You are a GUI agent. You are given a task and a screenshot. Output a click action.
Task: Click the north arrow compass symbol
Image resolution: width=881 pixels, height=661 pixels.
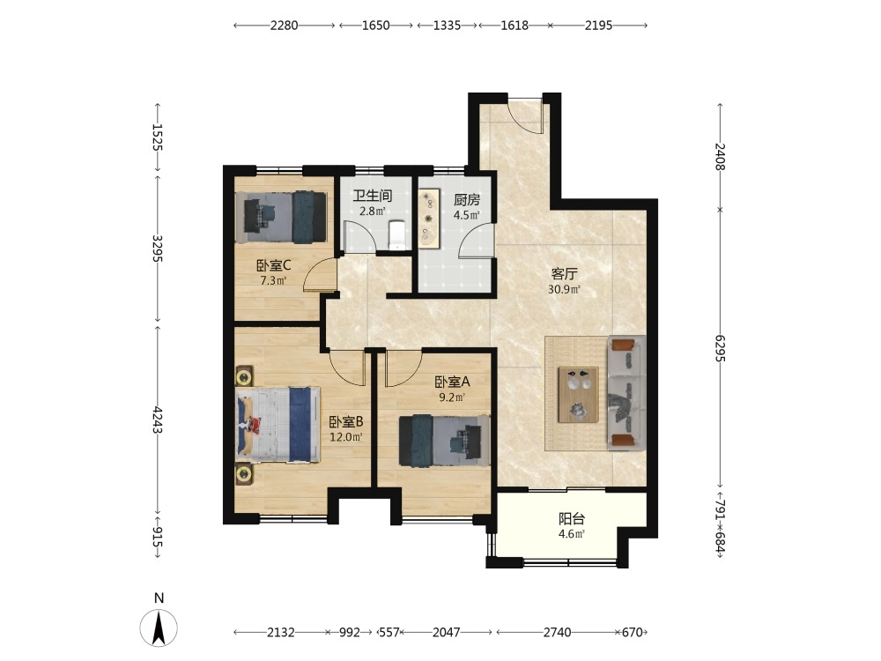coord(159,628)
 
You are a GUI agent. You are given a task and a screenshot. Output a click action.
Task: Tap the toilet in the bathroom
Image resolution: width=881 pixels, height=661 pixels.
coord(396,235)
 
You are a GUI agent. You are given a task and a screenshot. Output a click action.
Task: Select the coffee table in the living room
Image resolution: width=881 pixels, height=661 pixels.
coord(578,395)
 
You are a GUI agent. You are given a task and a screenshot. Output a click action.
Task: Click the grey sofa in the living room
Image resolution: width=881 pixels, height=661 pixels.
coord(626,393)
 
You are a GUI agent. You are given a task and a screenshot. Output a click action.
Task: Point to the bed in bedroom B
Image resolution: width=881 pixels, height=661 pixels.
coord(278,425)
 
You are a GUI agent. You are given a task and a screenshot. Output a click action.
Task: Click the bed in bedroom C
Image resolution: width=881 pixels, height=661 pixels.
coord(281,218)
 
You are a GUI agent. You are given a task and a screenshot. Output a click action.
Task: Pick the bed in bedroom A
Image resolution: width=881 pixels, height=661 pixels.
coord(444,441)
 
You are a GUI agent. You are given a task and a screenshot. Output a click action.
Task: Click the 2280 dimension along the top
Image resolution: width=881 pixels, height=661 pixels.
coord(285,26)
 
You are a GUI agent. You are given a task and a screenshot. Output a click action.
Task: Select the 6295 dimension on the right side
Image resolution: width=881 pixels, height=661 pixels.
coord(721,348)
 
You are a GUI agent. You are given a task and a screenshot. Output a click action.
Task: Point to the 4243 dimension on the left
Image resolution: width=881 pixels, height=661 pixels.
coord(158,420)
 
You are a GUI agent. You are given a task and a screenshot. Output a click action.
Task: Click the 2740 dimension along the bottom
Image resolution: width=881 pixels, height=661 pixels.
coord(558,632)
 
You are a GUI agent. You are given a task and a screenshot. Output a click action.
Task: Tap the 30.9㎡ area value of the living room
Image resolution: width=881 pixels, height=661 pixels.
coord(564,290)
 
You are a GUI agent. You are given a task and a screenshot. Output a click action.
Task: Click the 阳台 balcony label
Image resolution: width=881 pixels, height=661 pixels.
coord(572,519)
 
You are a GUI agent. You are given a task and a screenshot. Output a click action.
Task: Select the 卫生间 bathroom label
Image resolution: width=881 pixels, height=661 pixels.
coord(373,197)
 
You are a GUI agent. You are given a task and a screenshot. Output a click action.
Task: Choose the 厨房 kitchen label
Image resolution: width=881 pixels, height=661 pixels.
coord(467,200)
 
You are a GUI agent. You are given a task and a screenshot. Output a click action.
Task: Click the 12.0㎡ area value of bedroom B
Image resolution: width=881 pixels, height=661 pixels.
coord(345,437)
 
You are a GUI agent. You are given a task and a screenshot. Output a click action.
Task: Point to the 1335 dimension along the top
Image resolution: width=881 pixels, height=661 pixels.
coord(448,26)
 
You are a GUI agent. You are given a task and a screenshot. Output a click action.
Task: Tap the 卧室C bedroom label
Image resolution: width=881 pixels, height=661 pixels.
coord(274,266)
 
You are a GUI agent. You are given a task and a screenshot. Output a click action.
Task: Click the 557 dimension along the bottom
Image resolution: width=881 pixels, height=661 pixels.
coord(389,632)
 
